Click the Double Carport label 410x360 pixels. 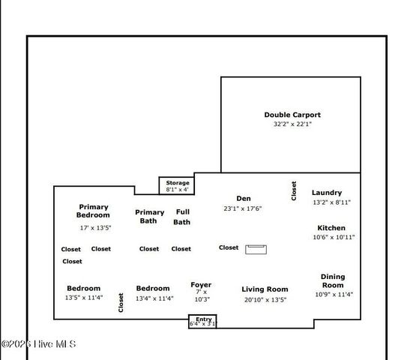(292, 115)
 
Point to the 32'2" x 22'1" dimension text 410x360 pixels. (292, 124)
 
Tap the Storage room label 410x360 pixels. (178, 183)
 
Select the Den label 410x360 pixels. (243, 199)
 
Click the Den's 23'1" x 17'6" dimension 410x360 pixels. (242, 208)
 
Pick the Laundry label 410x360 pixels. (327, 193)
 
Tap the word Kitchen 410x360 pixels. (331, 228)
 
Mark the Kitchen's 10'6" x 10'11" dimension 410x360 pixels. (334, 237)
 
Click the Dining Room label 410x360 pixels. (333, 280)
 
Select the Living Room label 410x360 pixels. (265, 289)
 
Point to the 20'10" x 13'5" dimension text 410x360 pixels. (265, 299)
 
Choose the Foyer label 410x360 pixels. (201, 285)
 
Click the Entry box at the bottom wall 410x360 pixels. (202, 322)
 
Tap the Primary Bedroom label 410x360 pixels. (94, 211)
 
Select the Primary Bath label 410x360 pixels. (149, 217)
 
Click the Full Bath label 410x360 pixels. (182, 217)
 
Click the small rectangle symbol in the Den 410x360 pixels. (256, 249)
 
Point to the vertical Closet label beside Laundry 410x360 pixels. (294, 190)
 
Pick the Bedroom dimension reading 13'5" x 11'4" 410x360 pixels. (83, 298)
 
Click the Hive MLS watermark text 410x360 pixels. (38, 344)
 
